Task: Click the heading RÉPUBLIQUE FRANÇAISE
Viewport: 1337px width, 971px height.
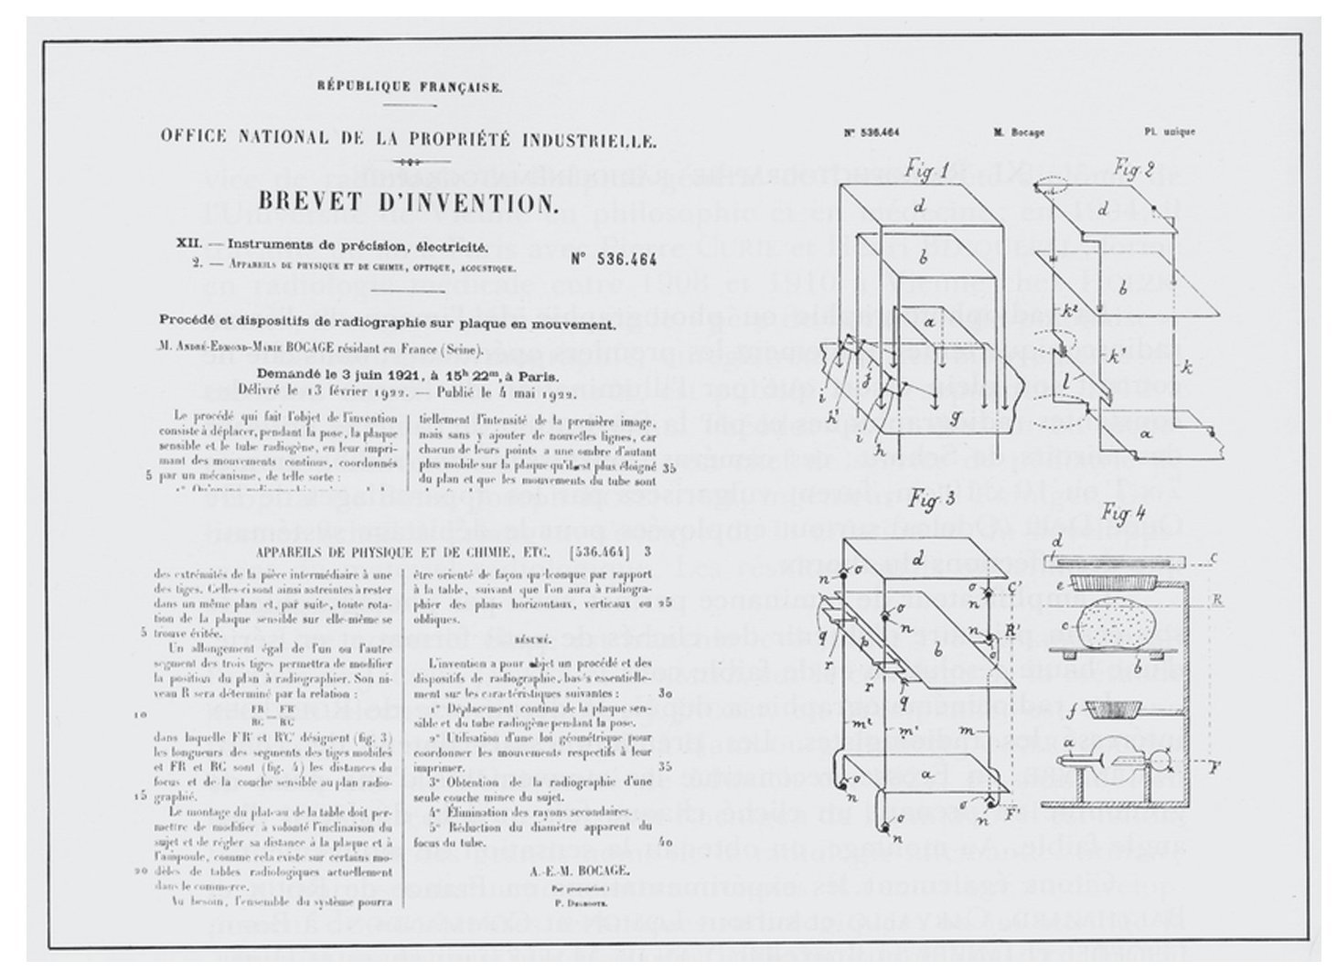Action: [409, 88]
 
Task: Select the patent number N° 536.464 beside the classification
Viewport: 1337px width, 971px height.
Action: [615, 259]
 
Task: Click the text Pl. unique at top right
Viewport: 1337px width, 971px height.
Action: [1169, 132]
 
